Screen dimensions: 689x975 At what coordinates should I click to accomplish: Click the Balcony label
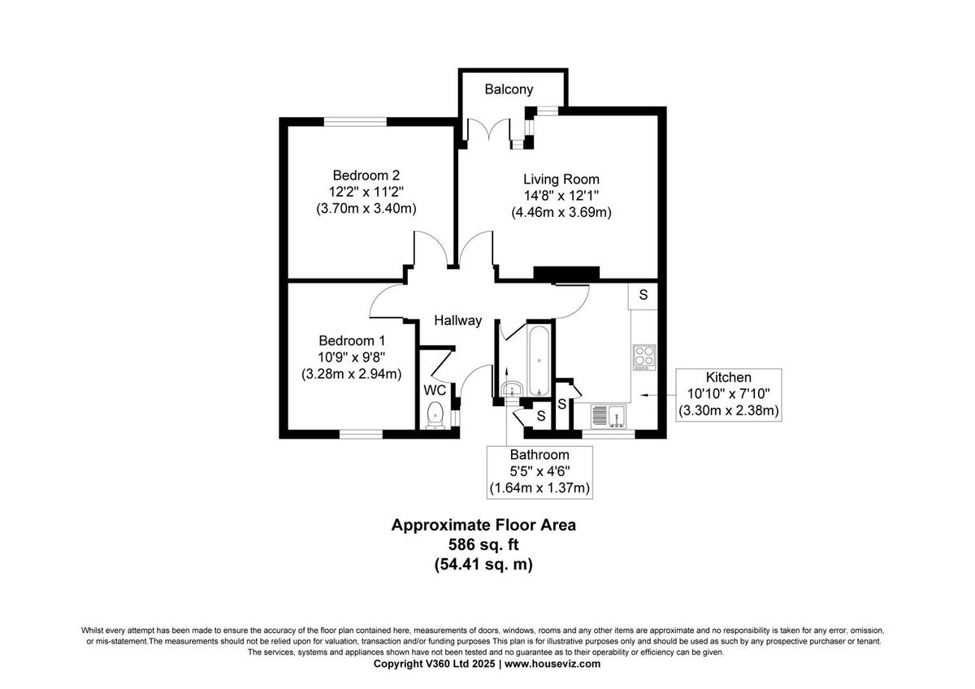pyautogui.click(x=509, y=89)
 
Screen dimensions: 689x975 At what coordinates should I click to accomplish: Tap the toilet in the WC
pyautogui.click(x=436, y=414)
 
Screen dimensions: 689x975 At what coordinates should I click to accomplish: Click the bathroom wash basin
pyautogui.click(x=512, y=392)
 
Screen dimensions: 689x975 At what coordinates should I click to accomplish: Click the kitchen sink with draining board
pyautogui.click(x=608, y=416)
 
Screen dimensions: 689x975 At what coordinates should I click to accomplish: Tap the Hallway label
pyautogui.click(x=457, y=321)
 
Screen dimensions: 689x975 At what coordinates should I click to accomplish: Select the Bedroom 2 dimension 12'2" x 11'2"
pyautogui.click(x=366, y=192)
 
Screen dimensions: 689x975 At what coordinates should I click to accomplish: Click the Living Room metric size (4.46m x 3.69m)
pyautogui.click(x=561, y=213)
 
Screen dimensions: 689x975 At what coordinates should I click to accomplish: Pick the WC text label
pyautogui.click(x=435, y=390)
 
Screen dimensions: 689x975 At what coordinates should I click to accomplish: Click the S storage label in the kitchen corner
pyautogui.click(x=643, y=295)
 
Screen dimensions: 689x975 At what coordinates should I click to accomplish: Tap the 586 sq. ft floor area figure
pyautogui.click(x=483, y=544)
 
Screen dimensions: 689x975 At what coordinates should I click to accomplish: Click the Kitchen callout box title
pyautogui.click(x=728, y=378)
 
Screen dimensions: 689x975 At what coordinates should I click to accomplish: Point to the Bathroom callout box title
pyautogui.click(x=539, y=455)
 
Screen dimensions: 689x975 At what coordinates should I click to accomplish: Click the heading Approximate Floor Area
pyautogui.click(x=483, y=525)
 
